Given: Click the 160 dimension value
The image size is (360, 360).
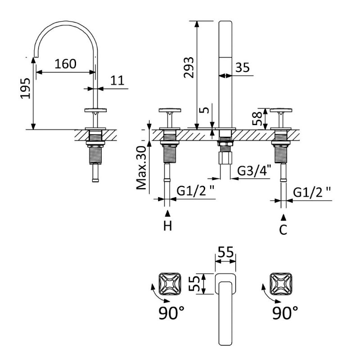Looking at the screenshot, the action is [x=65, y=64].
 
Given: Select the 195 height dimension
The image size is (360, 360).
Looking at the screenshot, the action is [x=25, y=88].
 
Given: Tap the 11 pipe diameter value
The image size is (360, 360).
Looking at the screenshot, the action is [x=117, y=81].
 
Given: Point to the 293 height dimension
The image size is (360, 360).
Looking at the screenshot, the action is [x=189, y=67].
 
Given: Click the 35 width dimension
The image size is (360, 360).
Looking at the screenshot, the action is [x=243, y=67].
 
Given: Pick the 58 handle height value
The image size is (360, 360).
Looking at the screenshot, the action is [x=257, y=118].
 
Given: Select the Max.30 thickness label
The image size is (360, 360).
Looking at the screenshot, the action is [x=141, y=168].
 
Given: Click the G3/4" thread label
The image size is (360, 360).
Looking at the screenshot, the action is [x=254, y=171].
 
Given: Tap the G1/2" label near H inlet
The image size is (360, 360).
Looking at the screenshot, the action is [x=196, y=191].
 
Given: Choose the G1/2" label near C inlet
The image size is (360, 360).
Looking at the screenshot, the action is [x=312, y=192].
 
